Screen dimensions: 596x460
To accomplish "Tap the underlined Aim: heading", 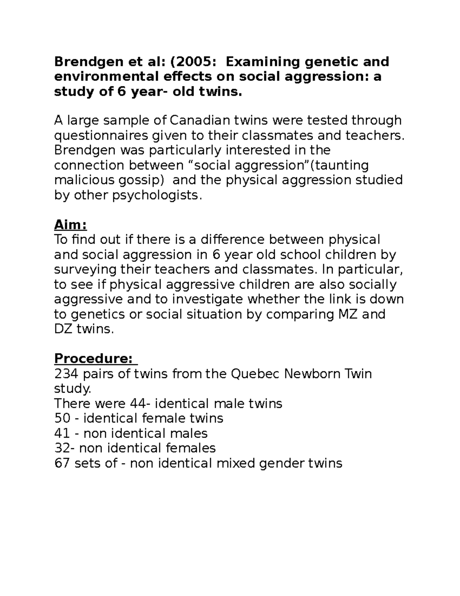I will [x=70, y=224].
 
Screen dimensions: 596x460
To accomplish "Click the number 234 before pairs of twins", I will [x=66, y=373].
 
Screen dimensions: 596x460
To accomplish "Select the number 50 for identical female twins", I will [x=62, y=418].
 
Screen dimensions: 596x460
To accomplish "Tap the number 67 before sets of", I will [x=62, y=463].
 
